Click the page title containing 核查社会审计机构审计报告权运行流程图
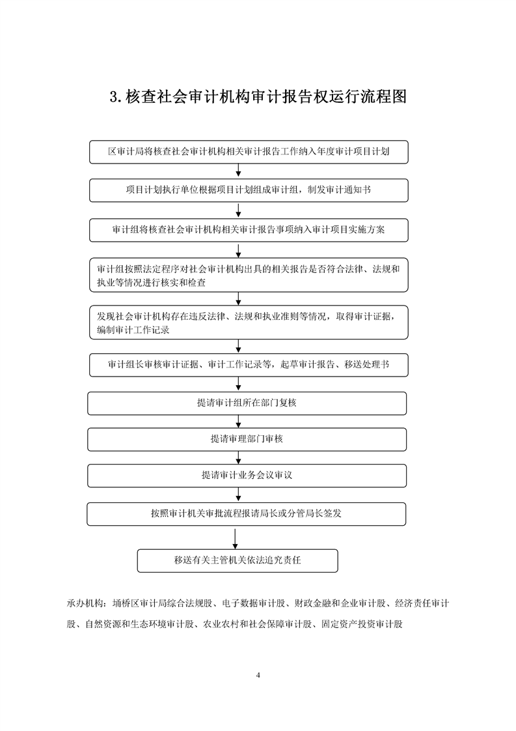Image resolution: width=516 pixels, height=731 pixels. coord(258,96)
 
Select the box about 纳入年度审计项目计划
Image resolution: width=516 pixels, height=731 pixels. coord(249,152)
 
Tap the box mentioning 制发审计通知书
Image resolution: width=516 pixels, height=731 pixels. coord(249,190)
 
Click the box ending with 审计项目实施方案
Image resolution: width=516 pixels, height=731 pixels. coord(249,230)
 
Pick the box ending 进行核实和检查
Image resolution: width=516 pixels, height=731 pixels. coord(249,275)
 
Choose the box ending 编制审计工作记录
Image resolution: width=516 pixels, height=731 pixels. coord(249,322)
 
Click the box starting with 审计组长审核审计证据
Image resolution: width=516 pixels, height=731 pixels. coord(249,365)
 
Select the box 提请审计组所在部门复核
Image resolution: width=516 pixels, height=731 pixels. coord(247,403)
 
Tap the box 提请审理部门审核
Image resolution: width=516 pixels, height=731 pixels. coord(247,439)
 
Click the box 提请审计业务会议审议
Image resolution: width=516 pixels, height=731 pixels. coord(247,476)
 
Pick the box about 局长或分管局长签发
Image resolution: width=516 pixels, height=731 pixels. coord(247,514)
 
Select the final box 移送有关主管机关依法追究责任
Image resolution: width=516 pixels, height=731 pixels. coord(238,560)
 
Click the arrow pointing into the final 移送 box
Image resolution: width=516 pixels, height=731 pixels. coord(235,537)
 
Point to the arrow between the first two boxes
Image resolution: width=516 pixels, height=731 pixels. coord(238,171)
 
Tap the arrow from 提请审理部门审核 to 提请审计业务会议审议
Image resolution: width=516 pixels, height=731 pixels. coord(238,457)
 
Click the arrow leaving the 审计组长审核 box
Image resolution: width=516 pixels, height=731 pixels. coord(238,384)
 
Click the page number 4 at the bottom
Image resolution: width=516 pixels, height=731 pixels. coord(258,675)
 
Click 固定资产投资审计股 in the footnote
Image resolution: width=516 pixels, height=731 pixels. coord(362,623)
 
